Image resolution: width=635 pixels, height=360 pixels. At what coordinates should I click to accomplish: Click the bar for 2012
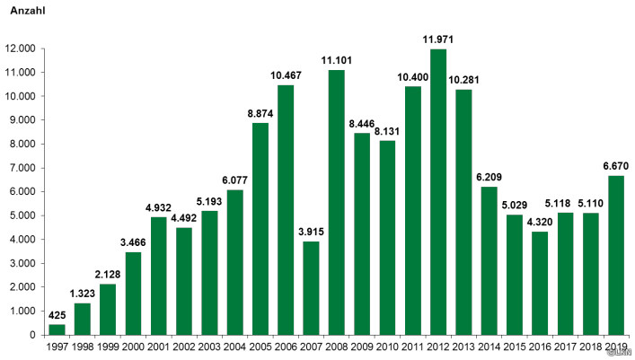point(438,192)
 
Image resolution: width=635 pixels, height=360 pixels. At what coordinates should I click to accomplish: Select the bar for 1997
point(57,329)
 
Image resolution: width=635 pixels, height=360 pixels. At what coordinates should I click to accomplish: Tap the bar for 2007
point(311,288)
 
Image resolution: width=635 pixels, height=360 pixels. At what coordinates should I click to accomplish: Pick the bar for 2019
point(616,256)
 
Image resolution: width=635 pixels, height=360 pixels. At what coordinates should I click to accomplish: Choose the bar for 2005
point(260,229)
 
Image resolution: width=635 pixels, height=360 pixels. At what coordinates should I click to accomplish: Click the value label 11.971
point(438,40)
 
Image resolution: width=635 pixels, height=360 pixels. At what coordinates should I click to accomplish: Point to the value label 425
point(57,315)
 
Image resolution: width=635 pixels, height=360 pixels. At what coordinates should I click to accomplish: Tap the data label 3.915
point(311,232)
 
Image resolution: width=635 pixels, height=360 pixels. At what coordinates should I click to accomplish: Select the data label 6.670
point(616,166)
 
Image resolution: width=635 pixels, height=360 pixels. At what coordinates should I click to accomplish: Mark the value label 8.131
point(387,132)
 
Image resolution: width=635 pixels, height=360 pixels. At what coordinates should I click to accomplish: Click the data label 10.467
point(286,75)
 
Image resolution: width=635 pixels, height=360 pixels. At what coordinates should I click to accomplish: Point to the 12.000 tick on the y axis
point(21,48)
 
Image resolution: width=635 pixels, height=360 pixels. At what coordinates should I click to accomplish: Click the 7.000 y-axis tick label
point(22,168)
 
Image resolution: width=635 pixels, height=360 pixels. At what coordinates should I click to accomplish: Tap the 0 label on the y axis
point(32,335)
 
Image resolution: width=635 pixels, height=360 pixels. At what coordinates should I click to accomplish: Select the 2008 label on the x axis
point(337,347)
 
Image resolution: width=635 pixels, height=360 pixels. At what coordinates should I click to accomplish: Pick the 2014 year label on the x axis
point(489,347)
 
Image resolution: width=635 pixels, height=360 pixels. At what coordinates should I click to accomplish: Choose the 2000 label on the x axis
point(133,347)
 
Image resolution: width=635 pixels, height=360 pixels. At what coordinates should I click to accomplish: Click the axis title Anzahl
point(28,11)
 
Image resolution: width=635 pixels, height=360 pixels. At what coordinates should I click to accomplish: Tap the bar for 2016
point(540,284)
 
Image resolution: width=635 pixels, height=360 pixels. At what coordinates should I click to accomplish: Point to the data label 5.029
point(515,205)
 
